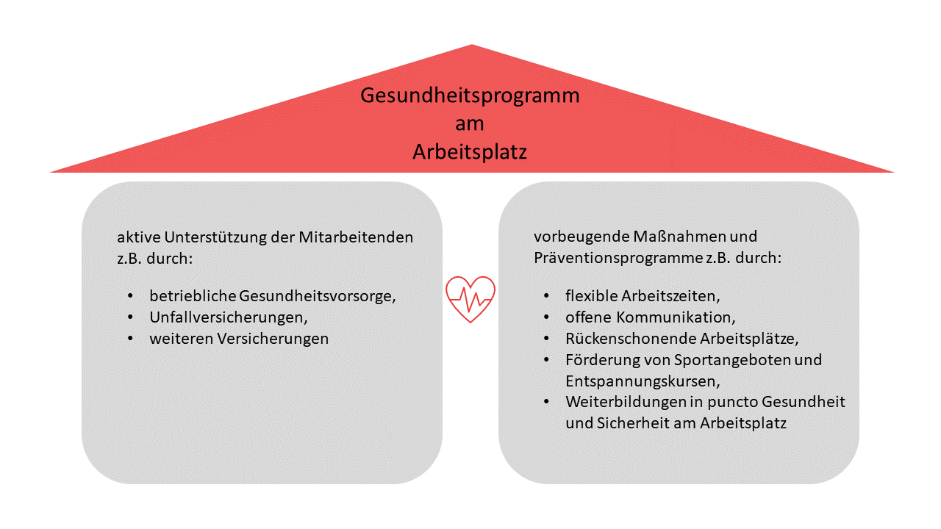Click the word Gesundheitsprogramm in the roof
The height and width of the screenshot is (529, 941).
pyautogui.click(x=470, y=96)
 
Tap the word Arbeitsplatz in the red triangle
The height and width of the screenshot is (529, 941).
pyautogui.click(x=470, y=152)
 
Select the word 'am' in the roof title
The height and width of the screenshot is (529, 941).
pyautogui.click(x=470, y=124)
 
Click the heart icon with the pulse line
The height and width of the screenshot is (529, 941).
pyautogui.click(x=470, y=299)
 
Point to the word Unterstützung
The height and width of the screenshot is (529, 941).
pyautogui.click(x=215, y=237)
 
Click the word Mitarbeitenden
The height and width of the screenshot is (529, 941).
pyautogui.click(x=356, y=237)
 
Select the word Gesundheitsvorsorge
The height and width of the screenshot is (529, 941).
pyautogui.click(x=317, y=296)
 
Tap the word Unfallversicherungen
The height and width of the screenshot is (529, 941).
pyautogui.click(x=229, y=318)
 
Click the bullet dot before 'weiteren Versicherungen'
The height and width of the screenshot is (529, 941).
pyautogui.click(x=130, y=339)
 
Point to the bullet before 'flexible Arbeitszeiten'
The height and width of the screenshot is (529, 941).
pyautogui.click(x=546, y=295)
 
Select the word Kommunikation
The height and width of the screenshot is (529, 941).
pyautogui.click(x=676, y=317)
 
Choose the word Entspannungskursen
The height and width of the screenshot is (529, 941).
pyautogui.click(x=643, y=381)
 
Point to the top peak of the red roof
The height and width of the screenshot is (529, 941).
pyautogui.click(x=472, y=45)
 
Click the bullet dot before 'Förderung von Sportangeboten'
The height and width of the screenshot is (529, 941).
pyautogui.click(x=546, y=360)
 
